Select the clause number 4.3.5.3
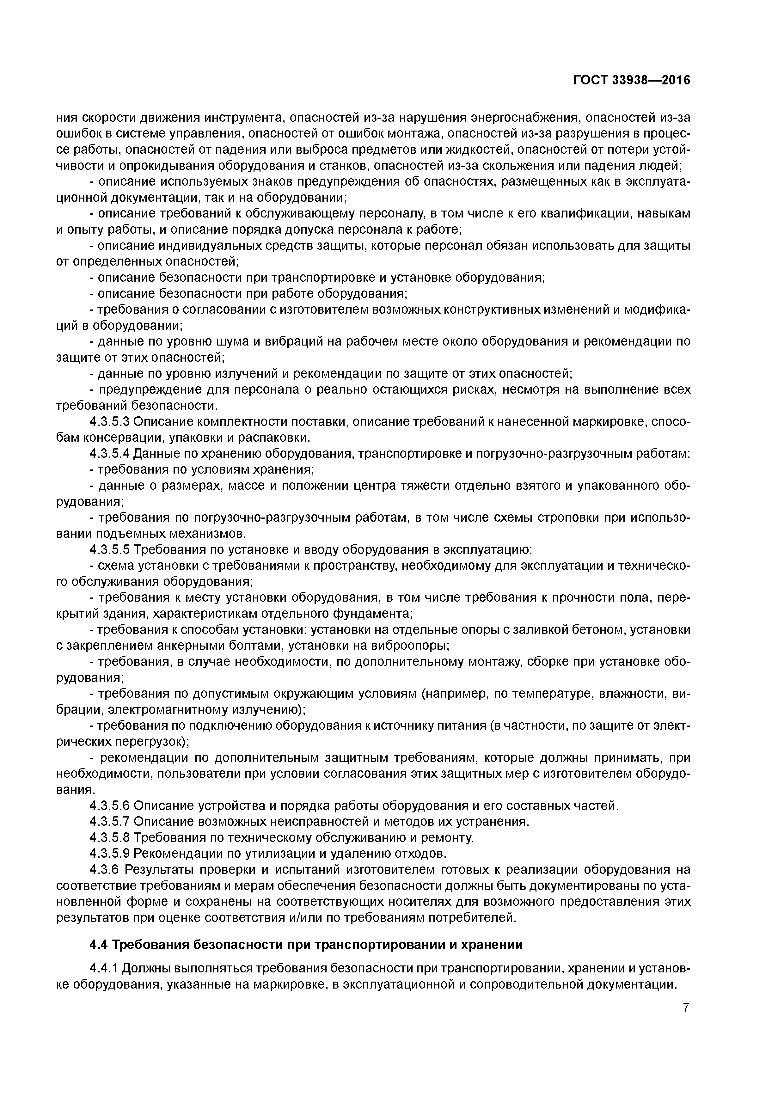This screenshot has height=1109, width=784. click(110, 422)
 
